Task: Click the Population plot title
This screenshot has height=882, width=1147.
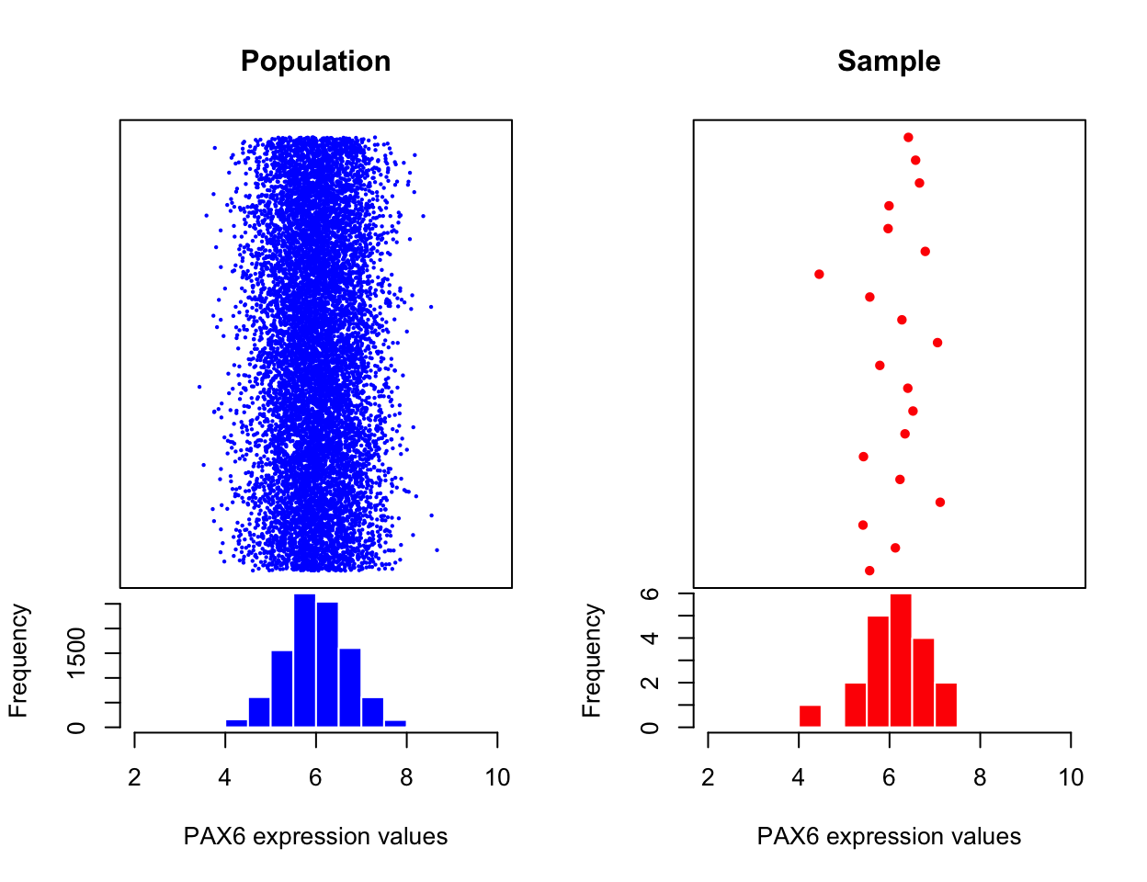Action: tap(315, 62)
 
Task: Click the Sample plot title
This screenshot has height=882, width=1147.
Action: tap(888, 62)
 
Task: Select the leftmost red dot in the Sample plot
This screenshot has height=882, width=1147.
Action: tap(819, 274)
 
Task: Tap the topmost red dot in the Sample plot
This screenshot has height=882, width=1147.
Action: tap(908, 137)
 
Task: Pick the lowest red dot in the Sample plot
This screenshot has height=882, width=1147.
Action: tap(869, 571)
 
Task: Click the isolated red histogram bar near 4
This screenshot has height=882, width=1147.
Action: tap(810, 716)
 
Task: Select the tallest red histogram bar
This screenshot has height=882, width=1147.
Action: tap(901, 661)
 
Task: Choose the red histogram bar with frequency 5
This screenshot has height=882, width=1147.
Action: tap(878, 672)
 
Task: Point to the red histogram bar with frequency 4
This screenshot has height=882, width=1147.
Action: tap(924, 683)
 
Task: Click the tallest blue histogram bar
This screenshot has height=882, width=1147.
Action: tap(305, 661)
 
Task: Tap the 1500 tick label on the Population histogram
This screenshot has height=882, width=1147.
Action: tap(77, 651)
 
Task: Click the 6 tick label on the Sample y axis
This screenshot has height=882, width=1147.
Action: tap(651, 594)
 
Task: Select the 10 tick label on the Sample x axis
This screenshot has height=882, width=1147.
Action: tap(1071, 778)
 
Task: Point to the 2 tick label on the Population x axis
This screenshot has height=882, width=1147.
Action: tap(135, 778)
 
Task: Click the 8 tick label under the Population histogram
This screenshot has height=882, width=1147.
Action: tap(406, 778)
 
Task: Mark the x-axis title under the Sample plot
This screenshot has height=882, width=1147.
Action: tap(888, 837)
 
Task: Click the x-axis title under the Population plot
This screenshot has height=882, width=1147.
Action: tap(315, 837)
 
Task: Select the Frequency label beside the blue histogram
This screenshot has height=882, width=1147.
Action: tap(18, 660)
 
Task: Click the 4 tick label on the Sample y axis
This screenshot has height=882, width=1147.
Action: tap(651, 638)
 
